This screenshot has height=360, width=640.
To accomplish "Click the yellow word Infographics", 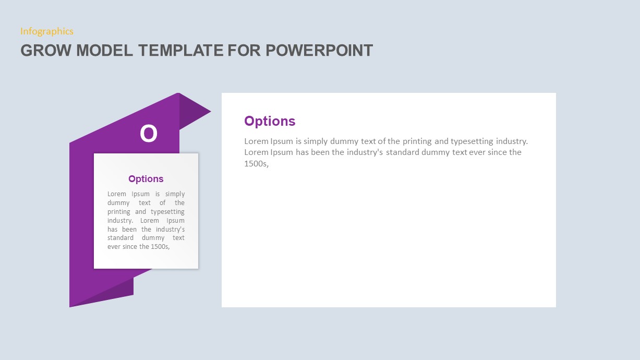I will pyautogui.click(x=47, y=31).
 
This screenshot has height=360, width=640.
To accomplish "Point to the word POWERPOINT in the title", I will pyautogui.click(x=319, y=51).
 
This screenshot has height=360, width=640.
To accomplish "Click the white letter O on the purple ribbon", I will pyautogui.click(x=148, y=134).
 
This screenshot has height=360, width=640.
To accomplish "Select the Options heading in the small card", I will pyautogui.click(x=146, y=179).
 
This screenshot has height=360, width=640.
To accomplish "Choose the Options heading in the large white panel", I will pyautogui.click(x=270, y=121).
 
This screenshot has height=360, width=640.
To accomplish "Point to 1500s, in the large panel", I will pyautogui.click(x=256, y=164).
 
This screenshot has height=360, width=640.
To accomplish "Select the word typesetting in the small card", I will pyautogui.click(x=167, y=212).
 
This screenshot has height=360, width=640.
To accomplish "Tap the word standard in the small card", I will pyautogui.click(x=122, y=238).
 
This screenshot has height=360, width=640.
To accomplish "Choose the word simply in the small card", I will pyautogui.click(x=175, y=194).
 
